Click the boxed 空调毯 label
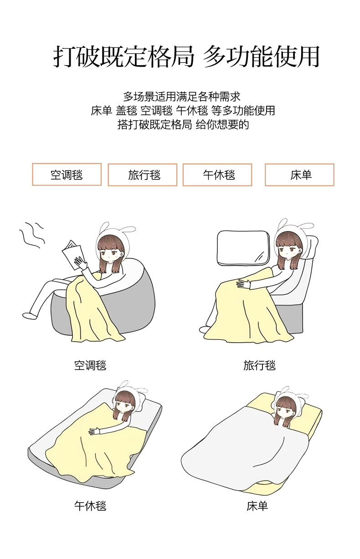pos(67,174)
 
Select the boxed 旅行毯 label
pos(142,174)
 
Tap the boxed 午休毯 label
pos(217,174)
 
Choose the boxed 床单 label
pos(299,174)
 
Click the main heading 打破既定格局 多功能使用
pos(186,56)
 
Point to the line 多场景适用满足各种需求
pos(182,97)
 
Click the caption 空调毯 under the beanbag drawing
pos(90,365)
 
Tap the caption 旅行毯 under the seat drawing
pos(259,365)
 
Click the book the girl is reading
pos(72,254)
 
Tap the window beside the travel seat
pos(243,247)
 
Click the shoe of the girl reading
pos(30,315)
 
